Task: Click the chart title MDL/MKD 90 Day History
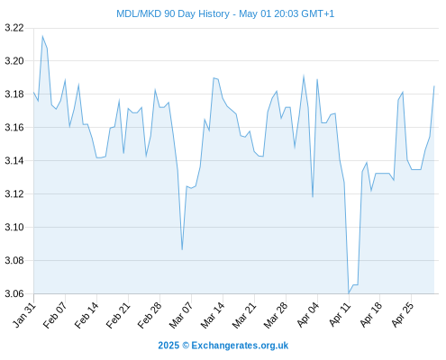[x=173, y=13]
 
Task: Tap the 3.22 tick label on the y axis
[x=14, y=28]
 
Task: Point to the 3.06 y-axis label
[x=14, y=293]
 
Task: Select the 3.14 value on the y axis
[x=14, y=161]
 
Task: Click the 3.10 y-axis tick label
[x=14, y=228]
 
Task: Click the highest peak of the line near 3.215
[x=42, y=36]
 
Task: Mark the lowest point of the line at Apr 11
[x=349, y=293]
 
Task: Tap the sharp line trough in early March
[x=182, y=249]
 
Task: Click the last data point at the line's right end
[x=434, y=86]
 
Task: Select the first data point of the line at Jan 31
[x=33, y=93]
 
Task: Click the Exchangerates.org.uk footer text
[x=240, y=346]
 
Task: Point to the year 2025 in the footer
[x=168, y=346]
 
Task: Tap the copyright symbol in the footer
[x=186, y=346]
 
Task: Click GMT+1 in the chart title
[x=317, y=13]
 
